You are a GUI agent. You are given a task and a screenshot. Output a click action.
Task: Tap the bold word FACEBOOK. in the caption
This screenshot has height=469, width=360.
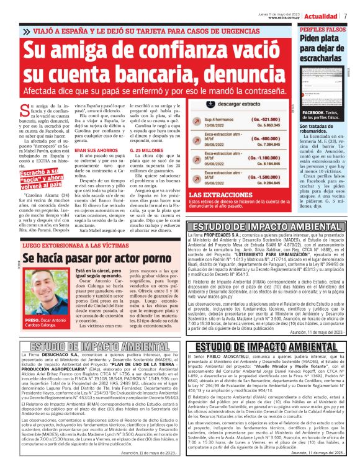313,113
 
